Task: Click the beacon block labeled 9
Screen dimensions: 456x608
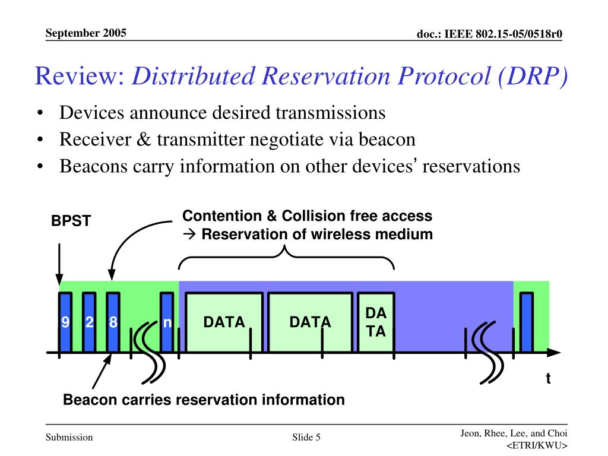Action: pyautogui.click(x=65, y=322)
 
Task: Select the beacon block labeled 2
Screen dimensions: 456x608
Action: pyautogui.click(x=89, y=322)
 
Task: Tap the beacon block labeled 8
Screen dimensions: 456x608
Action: pyautogui.click(x=113, y=322)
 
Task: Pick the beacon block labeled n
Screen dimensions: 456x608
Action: pyautogui.click(x=167, y=322)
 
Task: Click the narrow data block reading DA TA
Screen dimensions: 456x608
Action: pyautogui.click(x=375, y=322)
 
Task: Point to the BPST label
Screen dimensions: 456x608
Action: pyautogui.click(x=71, y=221)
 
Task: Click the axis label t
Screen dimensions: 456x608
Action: pyautogui.click(x=548, y=378)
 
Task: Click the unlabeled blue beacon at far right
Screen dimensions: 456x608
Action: pyautogui.click(x=526, y=322)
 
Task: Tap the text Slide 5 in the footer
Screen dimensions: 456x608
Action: pyautogui.click(x=306, y=438)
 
